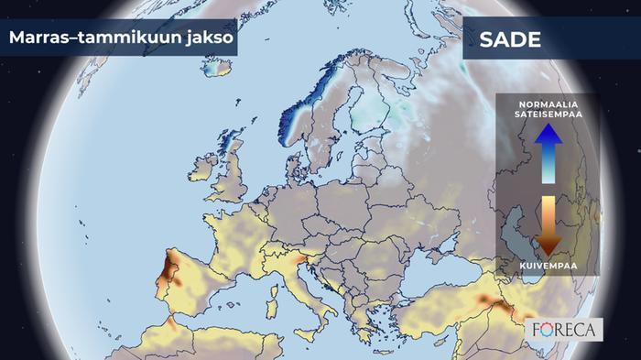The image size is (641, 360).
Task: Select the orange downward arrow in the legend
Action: (547, 224)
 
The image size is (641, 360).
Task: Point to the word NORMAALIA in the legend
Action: (548, 104)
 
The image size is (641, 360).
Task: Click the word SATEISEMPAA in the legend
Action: (548, 115)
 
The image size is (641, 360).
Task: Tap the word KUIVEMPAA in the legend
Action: (547, 266)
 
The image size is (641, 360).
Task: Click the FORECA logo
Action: (565, 329)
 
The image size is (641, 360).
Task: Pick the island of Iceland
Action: (216, 66)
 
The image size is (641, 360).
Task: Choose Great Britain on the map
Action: (233, 176)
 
